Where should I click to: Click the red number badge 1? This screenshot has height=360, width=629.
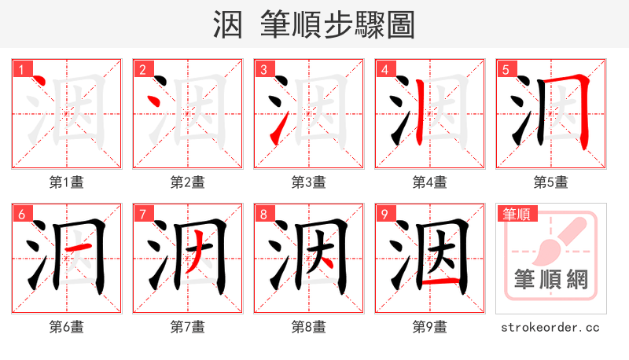(21, 69)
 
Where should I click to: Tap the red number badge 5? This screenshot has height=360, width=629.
(506, 69)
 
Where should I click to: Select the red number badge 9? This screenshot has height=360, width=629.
(384, 214)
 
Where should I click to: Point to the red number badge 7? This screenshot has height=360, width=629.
(142, 214)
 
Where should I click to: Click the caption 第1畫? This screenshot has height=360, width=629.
(67, 182)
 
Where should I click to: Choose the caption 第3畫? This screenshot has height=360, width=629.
(309, 182)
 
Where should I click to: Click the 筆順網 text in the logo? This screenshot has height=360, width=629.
(551, 279)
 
